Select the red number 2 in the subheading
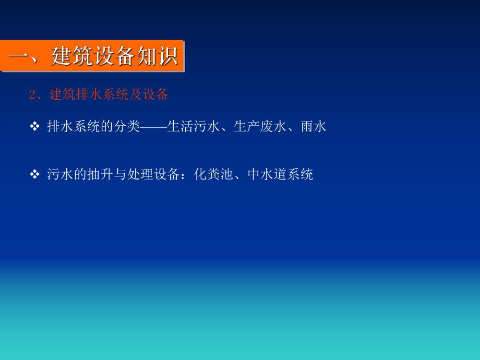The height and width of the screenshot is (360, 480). pos(32,95)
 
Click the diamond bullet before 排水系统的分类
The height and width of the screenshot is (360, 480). pos(35,126)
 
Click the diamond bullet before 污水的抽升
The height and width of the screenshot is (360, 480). pos(35,174)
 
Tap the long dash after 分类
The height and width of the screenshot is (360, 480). pos(153,126)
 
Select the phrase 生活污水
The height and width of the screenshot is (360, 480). pos(193,126)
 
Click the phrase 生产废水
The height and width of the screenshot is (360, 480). pos(260,126)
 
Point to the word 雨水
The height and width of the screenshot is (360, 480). pos(313,126)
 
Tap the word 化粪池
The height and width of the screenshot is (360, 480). pos(213,174)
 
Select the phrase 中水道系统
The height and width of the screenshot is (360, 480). pos(280,174)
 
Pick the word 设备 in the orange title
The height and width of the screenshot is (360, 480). pos(114,56)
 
